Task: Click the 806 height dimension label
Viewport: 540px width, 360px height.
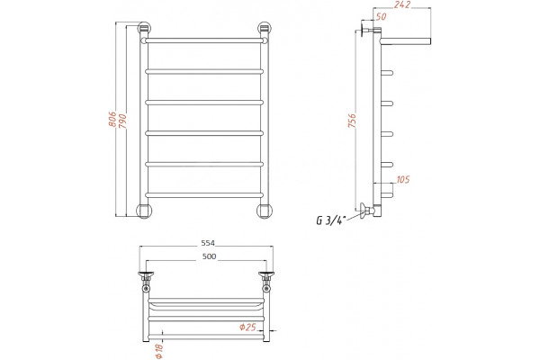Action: (x=112, y=119)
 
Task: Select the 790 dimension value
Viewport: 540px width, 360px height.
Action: (x=122, y=121)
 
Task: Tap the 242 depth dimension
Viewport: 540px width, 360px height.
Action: (x=402, y=4)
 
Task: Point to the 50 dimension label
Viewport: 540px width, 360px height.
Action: (x=382, y=16)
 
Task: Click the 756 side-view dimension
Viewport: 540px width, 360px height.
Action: (x=352, y=121)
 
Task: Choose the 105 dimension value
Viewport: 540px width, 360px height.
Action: (x=403, y=179)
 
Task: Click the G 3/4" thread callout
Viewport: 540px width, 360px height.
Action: (x=331, y=220)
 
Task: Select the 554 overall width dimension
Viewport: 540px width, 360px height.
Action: (x=208, y=243)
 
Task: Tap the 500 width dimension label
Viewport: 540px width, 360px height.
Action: (x=209, y=256)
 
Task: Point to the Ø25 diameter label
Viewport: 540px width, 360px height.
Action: (x=248, y=327)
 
